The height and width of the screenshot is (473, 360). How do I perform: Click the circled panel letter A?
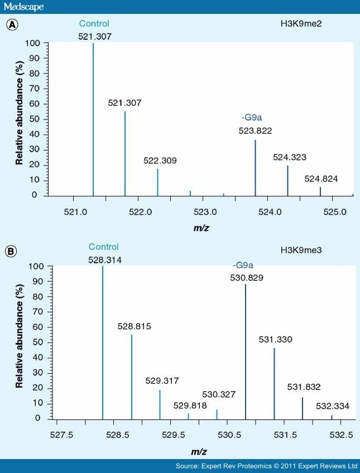(x=10, y=25)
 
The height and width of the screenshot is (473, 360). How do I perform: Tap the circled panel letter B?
(x=10, y=252)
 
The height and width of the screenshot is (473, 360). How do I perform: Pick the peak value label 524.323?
(x=289, y=157)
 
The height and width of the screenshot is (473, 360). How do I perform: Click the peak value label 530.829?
(x=246, y=277)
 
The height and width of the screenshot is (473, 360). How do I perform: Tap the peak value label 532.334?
(x=332, y=407)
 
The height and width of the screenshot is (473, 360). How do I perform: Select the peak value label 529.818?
(x=189, y=406)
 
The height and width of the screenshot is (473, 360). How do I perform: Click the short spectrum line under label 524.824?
(x=320, y=191)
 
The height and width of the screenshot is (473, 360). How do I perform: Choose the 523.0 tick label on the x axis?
(x=203, y=212)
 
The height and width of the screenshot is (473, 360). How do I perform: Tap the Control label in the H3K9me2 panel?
(x=94, y=23)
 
